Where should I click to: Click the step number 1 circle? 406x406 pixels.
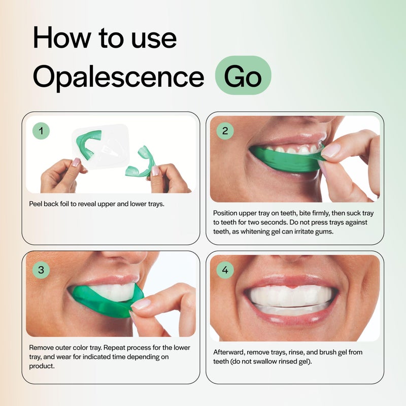point(41,131)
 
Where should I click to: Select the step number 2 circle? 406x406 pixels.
point(225,131)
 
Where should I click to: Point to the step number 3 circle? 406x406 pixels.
point(41,270)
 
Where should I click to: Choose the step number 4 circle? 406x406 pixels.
point(225,270)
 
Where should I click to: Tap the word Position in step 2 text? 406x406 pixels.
point(226,213)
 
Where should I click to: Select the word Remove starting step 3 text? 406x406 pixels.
point(42,348)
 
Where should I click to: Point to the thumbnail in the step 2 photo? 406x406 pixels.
point(330,150)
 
